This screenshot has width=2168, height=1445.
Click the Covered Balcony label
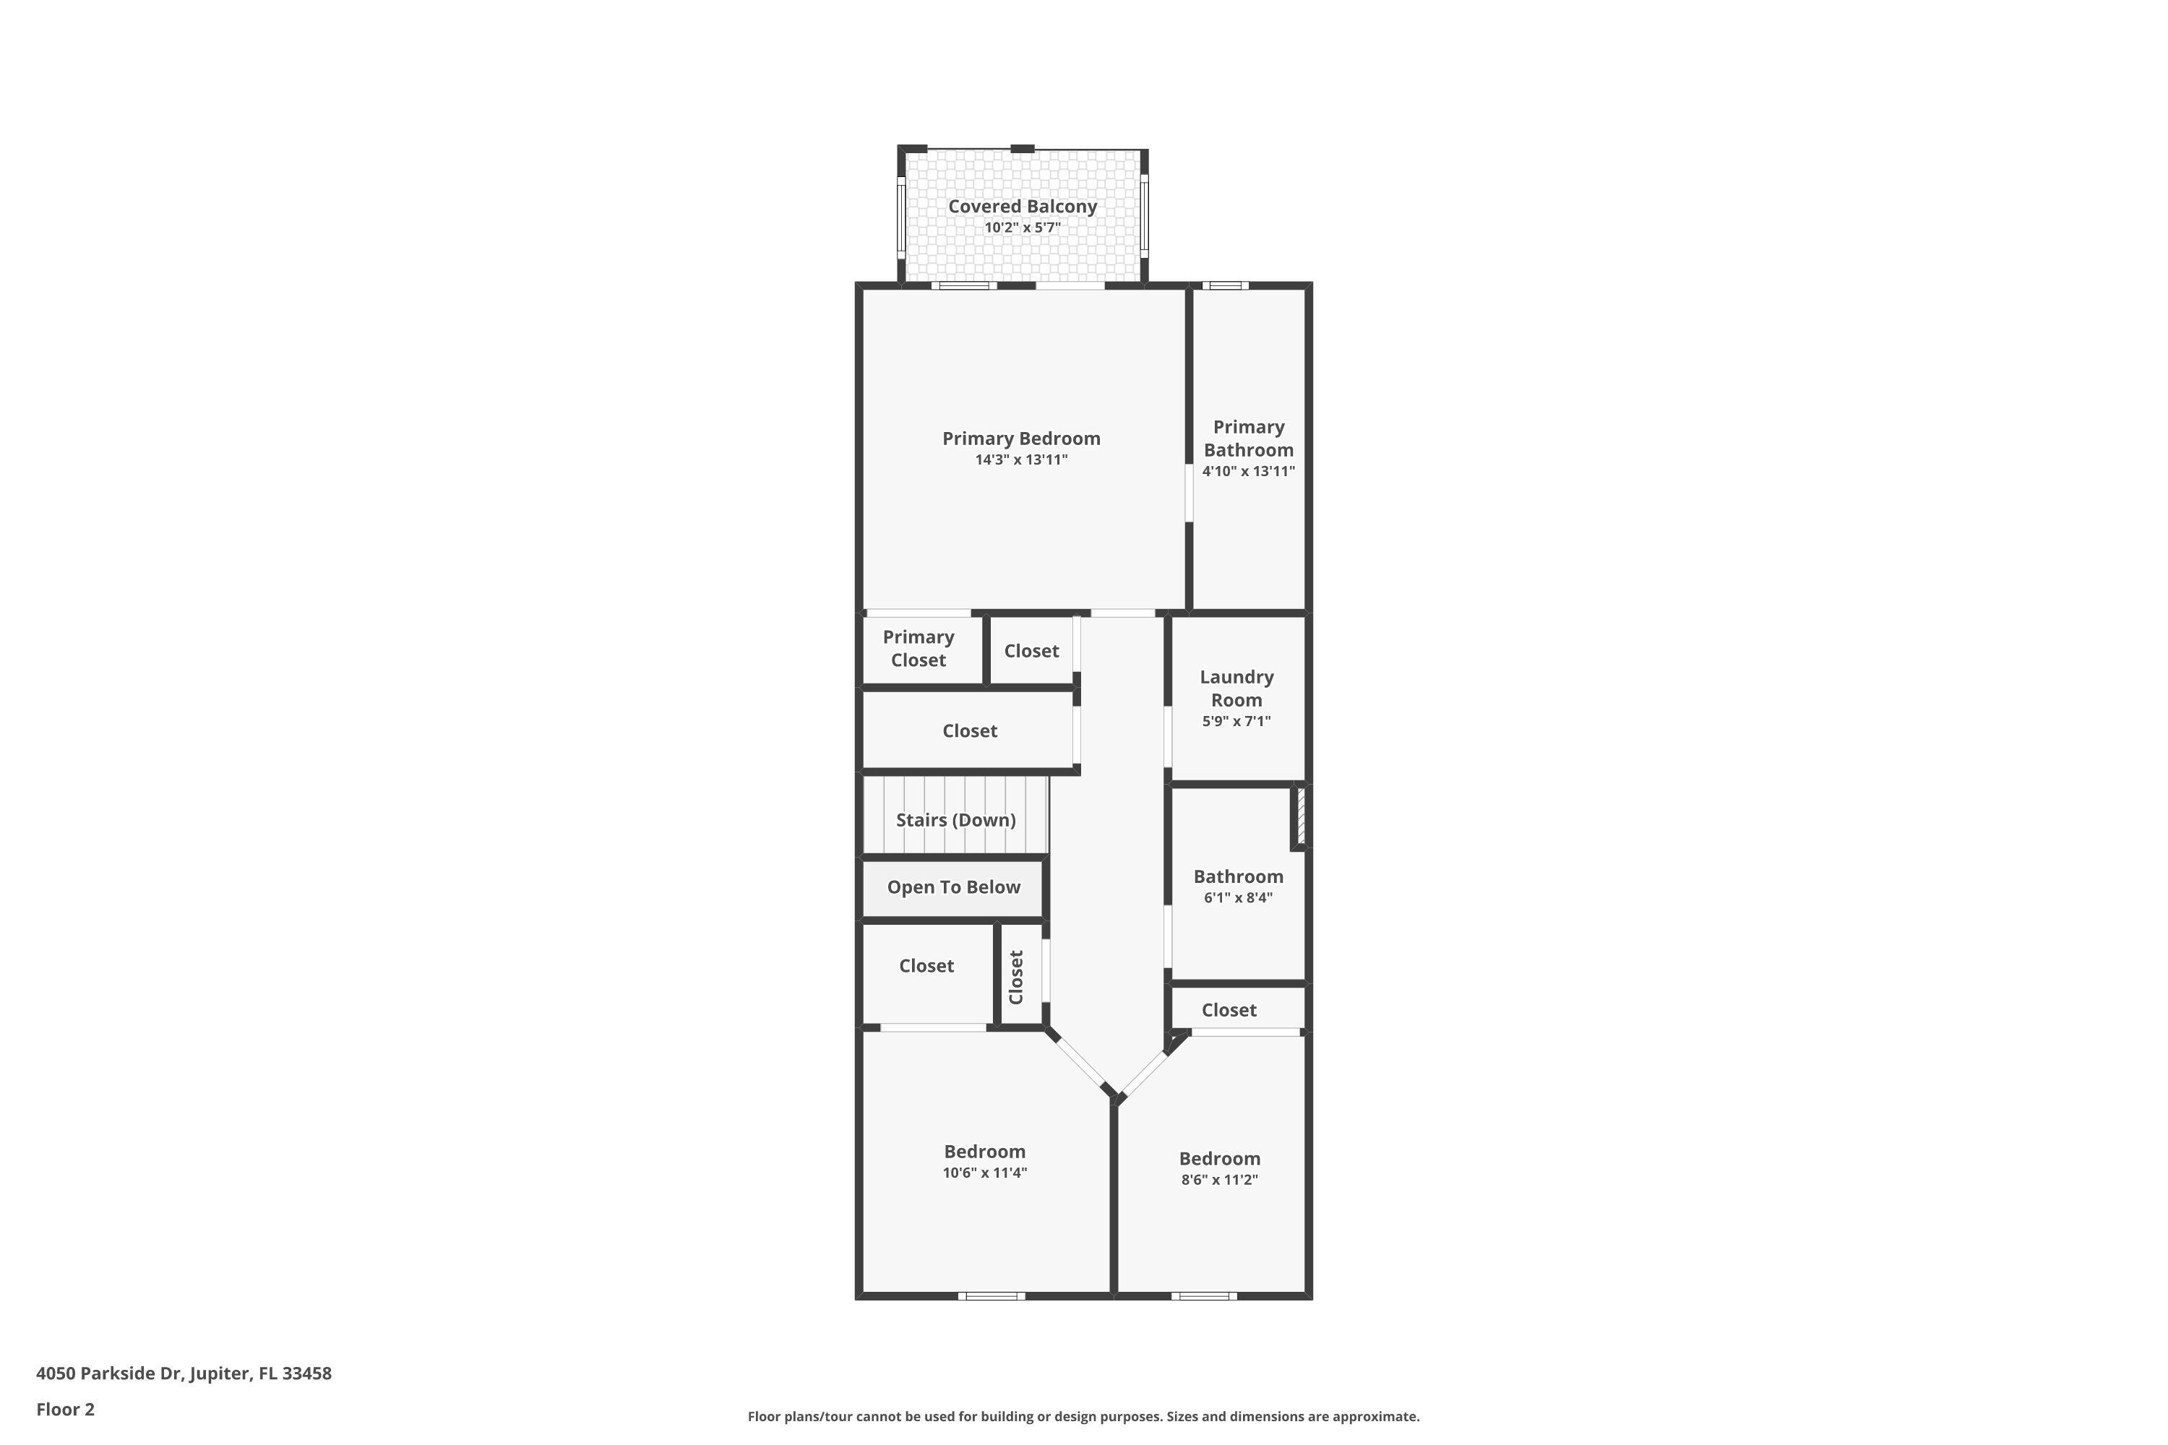(x=1023, y=207)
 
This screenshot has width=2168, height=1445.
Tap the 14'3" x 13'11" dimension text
(x=1021, y=460)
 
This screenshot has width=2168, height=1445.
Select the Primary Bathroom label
(x=1248, y=438)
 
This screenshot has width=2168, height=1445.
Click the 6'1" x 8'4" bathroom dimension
(x=1238, y=897)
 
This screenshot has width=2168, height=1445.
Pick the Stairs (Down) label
(x=956, y=819)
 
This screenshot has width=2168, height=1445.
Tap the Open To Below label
(x=953, y=887)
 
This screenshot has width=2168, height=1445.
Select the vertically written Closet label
(x=1016, y=977)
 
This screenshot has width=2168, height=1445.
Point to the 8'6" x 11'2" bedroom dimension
(x=1220, y=1180)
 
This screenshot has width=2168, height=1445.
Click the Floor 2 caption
(x=66, y=1408)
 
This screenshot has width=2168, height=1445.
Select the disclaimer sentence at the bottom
(x=1083, y=1416)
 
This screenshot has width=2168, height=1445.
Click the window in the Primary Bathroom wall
(x=1225, y=285)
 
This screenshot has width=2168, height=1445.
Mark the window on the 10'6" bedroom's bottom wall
(x=991, y=1295)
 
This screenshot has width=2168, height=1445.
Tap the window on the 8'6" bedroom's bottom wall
(x=1204, y=1295)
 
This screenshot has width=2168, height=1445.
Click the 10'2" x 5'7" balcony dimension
(x=1023, y=228)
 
